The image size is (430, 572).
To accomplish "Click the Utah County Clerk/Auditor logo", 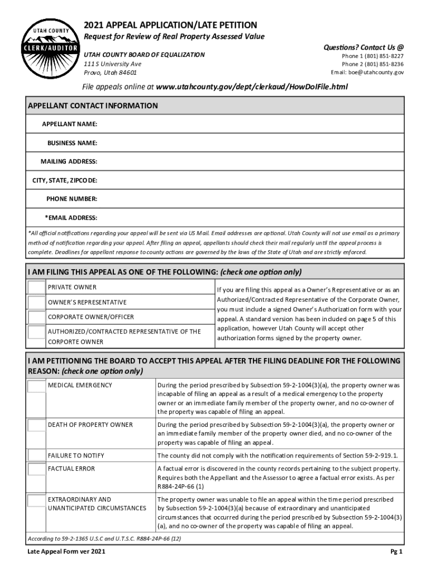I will pos(46,50).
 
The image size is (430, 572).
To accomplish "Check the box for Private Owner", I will pos(36,288).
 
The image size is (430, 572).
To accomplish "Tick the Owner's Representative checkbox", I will pos(36,303).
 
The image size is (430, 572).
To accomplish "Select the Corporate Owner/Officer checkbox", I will pos(36,317).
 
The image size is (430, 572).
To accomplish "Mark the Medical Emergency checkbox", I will pos(36,386).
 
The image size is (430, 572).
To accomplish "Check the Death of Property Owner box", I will pos(36,426).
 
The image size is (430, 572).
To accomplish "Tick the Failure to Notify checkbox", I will pos(36,455).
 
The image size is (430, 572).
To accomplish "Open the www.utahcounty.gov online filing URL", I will pos(252,87).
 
